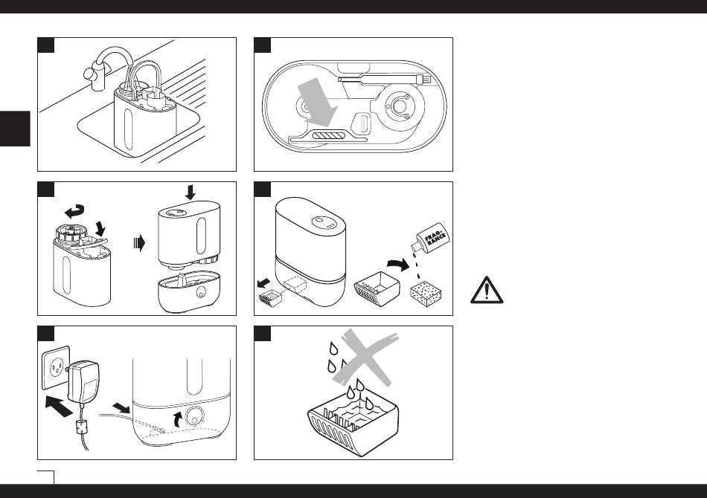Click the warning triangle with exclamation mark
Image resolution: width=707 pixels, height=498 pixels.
pyautogui.click(x=487, y=290)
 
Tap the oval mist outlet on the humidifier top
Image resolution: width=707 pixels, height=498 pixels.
pyautogui.click(x=321, y=221)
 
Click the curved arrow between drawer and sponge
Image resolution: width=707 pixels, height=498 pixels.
pyautogui.click(x=399, y=264)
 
